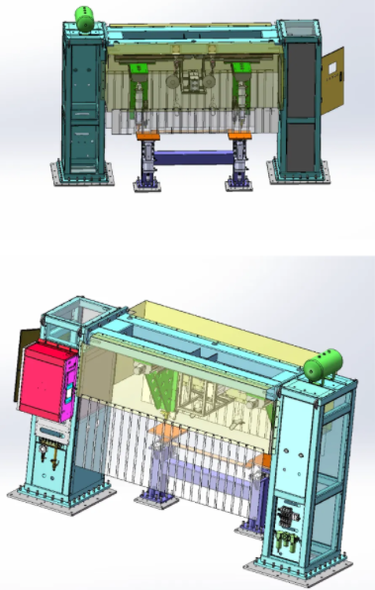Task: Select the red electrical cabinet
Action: tap(46, 381)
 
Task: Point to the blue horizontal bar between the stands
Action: tap(194, 156)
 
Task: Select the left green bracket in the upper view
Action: tap(140, 68)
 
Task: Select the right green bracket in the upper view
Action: tap(240, 68)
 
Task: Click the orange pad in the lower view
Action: tap(164, 433)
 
